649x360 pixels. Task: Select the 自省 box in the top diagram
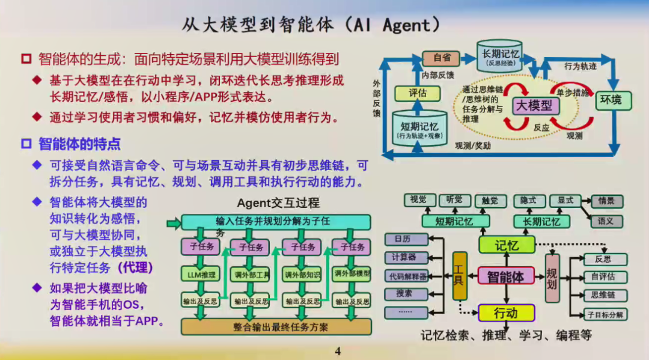click(442, 58)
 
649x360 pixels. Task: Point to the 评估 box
click(417, 93)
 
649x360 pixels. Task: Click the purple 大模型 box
click(534, 106)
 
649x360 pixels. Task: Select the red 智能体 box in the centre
click(505, 276)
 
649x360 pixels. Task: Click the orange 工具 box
click(460, 276)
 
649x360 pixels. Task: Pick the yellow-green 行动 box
click(505, 313)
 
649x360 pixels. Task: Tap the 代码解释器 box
click(406, 276)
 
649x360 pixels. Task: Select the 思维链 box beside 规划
click(605, 295)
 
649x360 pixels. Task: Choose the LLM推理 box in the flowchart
click(200, 275)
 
